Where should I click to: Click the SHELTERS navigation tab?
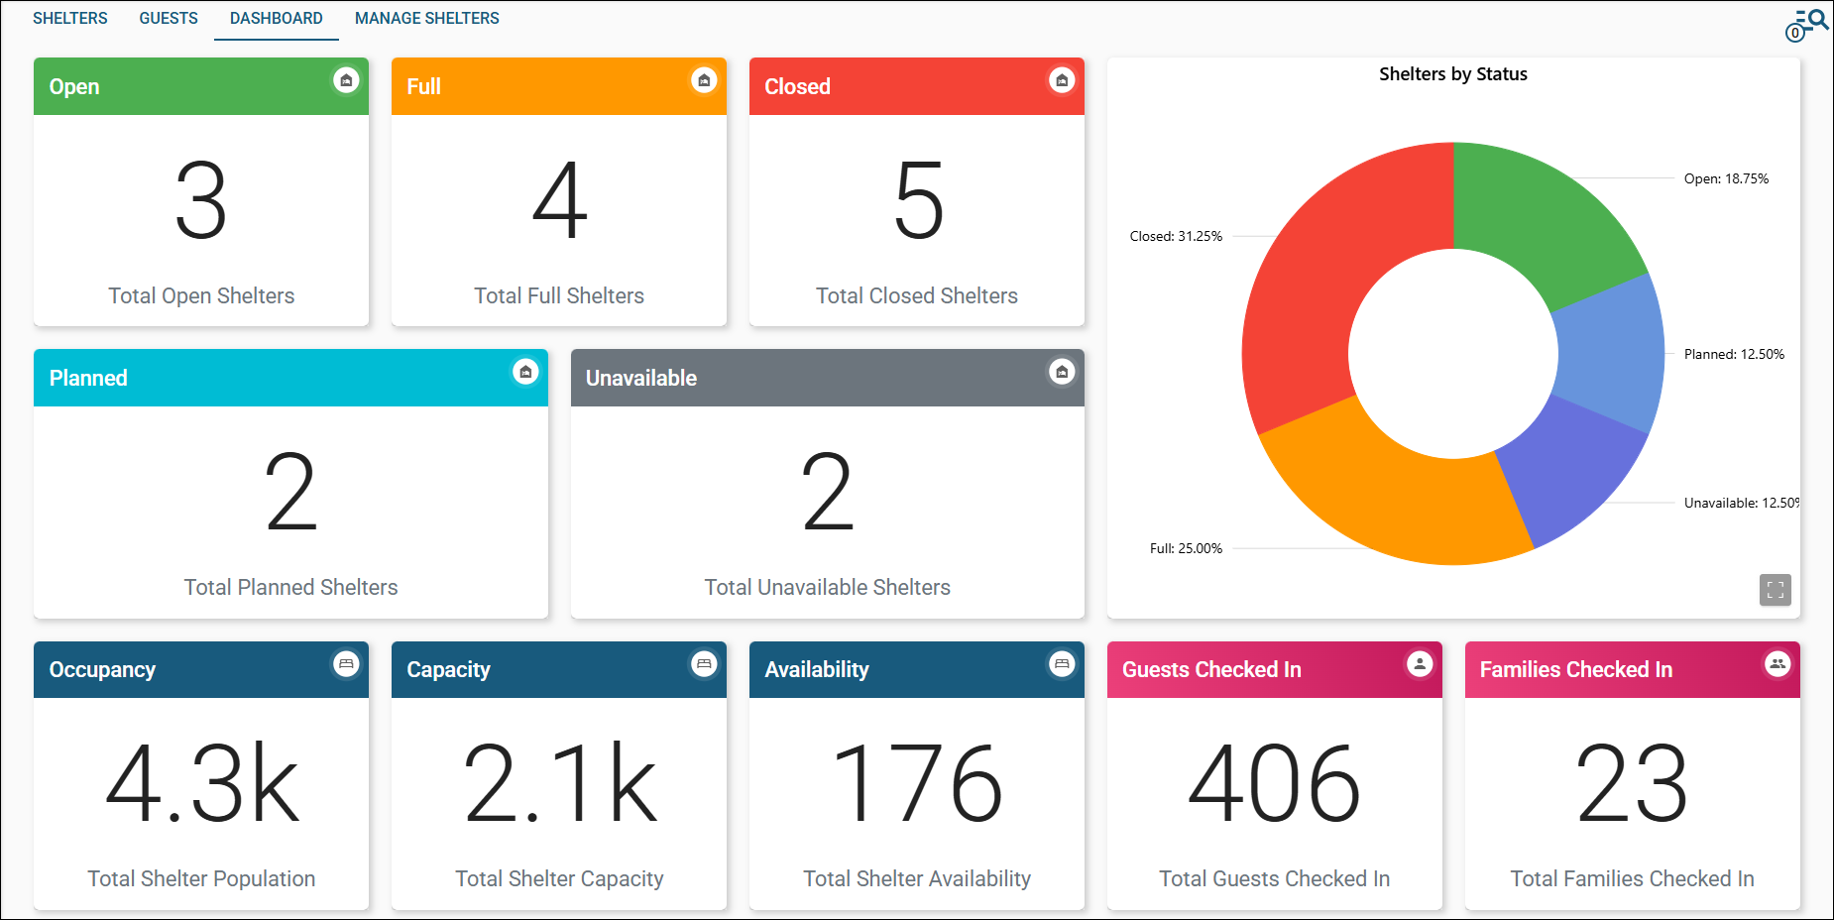click(69, 18)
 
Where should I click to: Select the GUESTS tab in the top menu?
click(169, 18)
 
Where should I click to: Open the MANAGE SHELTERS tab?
click(426, 18)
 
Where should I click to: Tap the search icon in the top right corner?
click(1817, 19)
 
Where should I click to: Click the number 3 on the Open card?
click(201, 201)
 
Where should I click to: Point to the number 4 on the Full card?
click(559, 201)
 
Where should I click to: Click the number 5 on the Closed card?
click(918, 201)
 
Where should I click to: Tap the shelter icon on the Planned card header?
click(525, 372)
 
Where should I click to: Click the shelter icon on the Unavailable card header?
click(1062, 372)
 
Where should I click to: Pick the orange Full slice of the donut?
click(1388, 496)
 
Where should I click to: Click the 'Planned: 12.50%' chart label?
click(1734, 354)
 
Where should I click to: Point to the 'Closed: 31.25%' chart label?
click(1176, 236)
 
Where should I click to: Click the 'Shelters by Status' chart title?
click(1452, 74)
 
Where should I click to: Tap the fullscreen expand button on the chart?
click(1775, 590)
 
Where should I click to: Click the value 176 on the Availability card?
click(918, 784)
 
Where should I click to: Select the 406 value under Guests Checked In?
click(1274, 784)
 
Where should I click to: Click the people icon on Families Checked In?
click(1777, 664)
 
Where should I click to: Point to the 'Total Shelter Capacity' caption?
click(559, 878)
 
